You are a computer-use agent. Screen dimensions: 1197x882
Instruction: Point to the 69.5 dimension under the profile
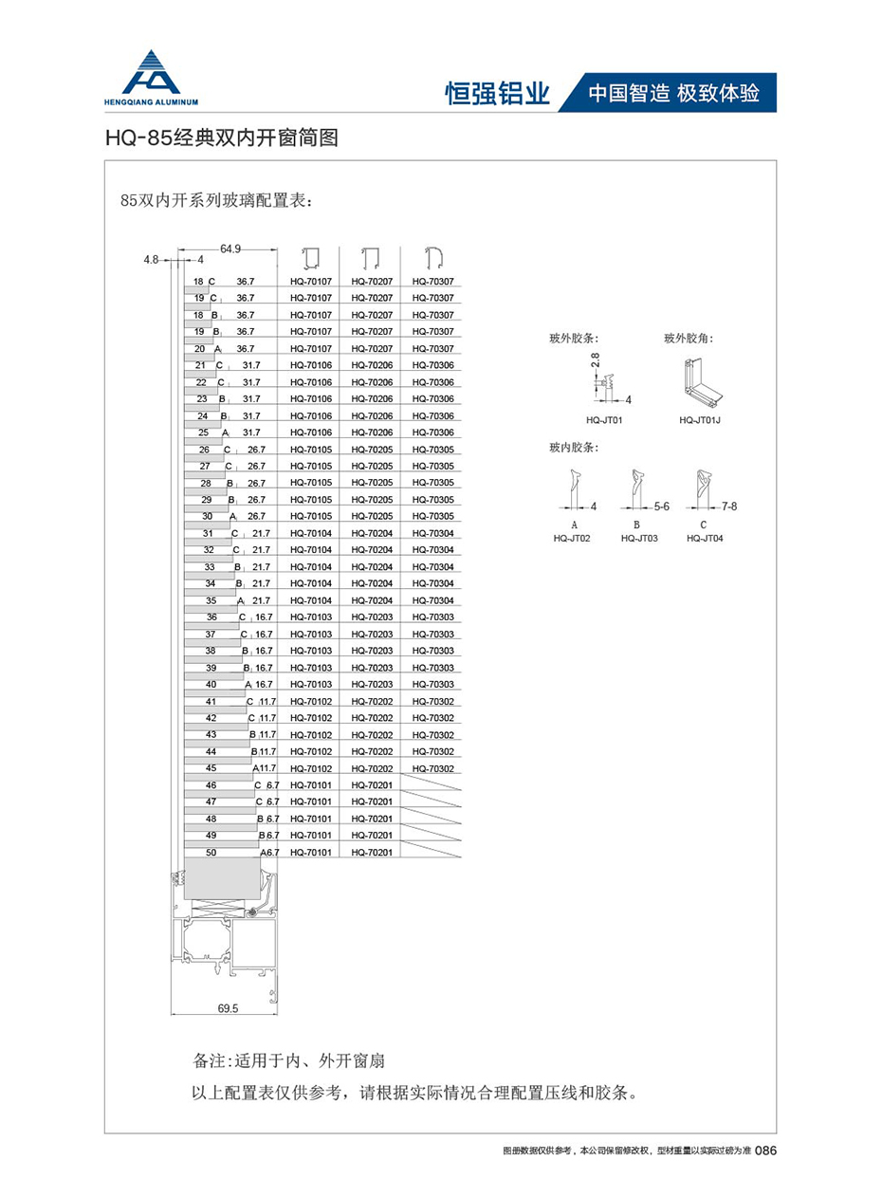pos(228,1009)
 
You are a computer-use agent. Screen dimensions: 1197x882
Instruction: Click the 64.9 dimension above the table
pos(230,249)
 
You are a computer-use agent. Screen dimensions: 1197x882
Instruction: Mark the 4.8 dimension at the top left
pos(151,258)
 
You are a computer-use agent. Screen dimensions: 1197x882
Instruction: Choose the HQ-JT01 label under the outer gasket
pos(604,418)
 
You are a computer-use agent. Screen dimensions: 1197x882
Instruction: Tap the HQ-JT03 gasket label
pos(639,538)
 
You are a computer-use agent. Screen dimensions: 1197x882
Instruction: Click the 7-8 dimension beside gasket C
pos(728,506)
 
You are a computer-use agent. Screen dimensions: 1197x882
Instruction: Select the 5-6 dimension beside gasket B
pos(661,506)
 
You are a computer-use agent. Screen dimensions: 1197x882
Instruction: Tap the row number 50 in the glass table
pos(211,853)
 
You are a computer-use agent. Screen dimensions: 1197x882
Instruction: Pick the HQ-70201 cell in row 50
pos(371,853)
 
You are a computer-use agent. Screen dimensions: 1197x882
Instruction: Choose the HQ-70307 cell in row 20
pos(432,349)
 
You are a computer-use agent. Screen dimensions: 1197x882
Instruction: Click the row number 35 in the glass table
pos(211,600)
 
